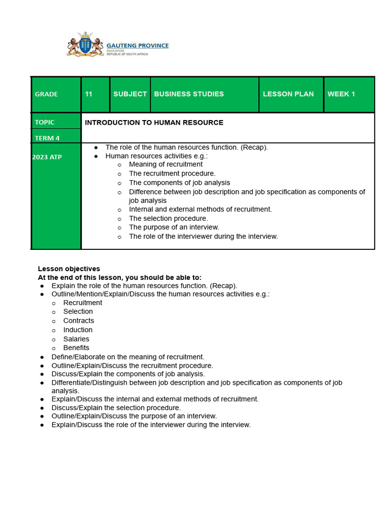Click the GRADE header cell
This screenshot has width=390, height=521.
(x=46, y=94)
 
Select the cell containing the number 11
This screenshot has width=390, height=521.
(x=89, y=94)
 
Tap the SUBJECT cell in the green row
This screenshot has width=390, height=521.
(x=130, y=94)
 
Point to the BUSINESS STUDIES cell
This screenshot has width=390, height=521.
(x=189, y=94)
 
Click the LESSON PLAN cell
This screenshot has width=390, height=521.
(x=288, y=94)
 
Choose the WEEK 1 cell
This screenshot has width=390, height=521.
(x=341, y=94)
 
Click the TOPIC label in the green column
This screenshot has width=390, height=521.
(x=45, y=122)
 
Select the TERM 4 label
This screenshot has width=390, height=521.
(x=47, y=138)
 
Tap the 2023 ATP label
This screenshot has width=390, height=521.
(x=47, y=157)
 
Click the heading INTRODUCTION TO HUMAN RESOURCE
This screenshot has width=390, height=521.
(x=154, y=123)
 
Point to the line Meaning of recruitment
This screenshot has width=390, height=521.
(x=166, y=164)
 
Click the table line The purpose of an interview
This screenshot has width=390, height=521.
(x=174, y=227)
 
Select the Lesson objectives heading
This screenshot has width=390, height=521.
(x=69, y=269)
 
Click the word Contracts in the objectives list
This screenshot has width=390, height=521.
(x=79, y=321)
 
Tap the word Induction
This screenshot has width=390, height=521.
(x=78, y=330)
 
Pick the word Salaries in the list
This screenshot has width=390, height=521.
(x=76, y=339)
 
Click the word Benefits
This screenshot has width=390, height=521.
(x=76, y=348)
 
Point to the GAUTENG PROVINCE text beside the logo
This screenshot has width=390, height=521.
(x=137, y=46)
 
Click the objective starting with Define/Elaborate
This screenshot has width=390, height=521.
(x=128, y=357)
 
